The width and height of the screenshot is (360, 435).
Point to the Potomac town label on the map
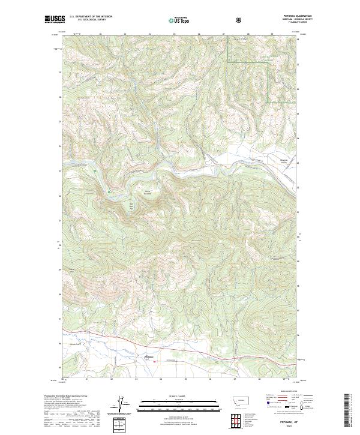point(149,358)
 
